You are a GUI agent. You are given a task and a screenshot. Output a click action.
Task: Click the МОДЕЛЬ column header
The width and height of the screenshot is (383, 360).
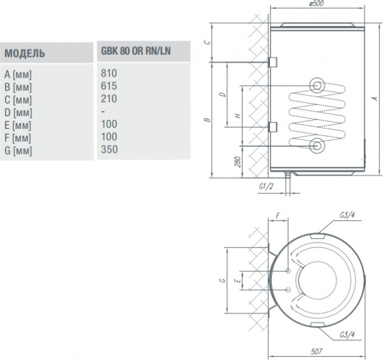24,52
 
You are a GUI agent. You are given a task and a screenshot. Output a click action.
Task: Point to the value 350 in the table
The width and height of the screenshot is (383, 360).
109,149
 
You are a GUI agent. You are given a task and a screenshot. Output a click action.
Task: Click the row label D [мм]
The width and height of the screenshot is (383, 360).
17,112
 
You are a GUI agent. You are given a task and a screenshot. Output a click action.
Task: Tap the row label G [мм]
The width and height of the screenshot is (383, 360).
17,150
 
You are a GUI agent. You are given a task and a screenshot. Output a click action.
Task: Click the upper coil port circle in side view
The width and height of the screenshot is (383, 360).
317,86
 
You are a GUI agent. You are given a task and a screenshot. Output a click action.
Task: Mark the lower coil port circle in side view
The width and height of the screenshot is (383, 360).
317,146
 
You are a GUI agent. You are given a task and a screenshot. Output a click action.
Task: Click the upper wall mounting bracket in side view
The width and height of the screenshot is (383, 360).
273,62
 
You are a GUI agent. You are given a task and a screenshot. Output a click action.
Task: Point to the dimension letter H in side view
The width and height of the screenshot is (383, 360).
237,116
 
